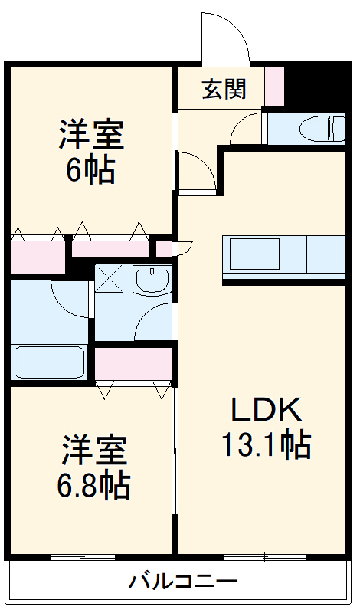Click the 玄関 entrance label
pyautogui.click(x=224, y=89)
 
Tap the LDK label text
pyautogui.click(x=267, y=411)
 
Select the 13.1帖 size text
pyautogui.click(x=266, y=444)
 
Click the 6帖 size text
pyautogui.click(x=90, y=170)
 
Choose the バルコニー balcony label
pyautogui.click(x=182, y=580)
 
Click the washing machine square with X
pyautogui.click(x=110, y=277)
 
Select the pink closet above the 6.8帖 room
pyautogui.click(x=133, y=363)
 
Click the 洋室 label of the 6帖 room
pyautogui.click(x=90, y=136)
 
